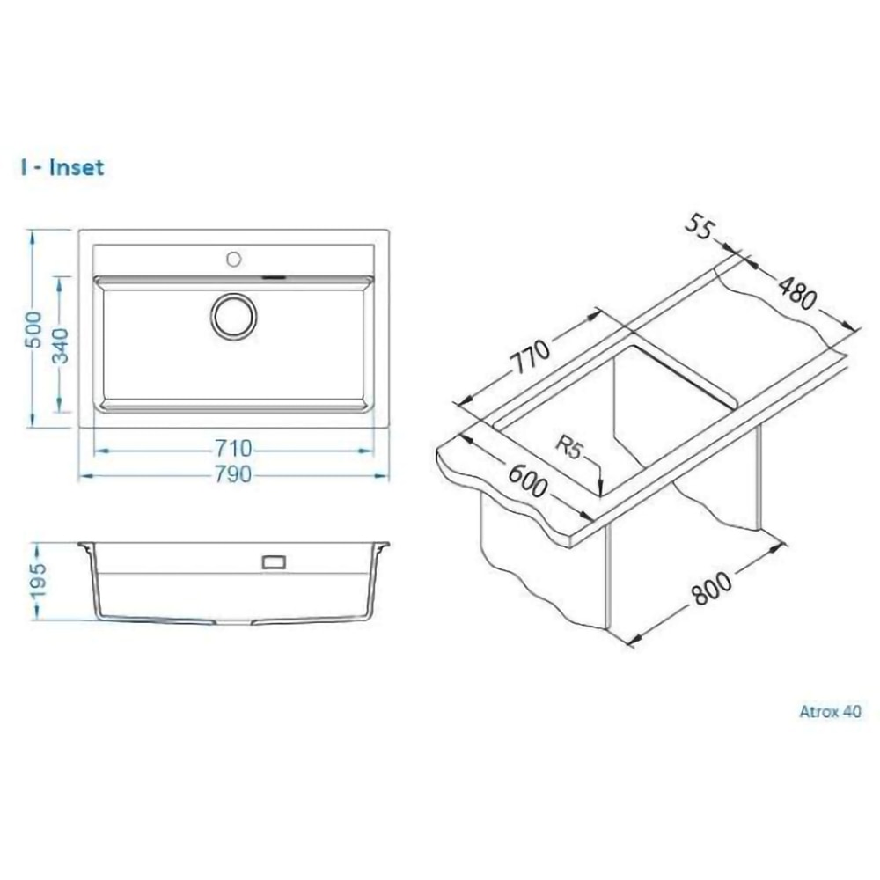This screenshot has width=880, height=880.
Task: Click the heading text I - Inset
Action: coord(62,168)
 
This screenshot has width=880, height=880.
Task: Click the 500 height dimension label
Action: coord(35,329)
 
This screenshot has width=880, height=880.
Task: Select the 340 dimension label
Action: coord(60,345)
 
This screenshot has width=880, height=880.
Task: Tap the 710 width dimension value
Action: coord(233,449)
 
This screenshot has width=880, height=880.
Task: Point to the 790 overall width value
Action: coord(233,475)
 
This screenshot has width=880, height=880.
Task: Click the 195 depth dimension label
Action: coord(38,581)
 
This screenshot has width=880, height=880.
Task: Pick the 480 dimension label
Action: coord(797,293)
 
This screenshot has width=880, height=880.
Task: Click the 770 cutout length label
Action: coord(531,357)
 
